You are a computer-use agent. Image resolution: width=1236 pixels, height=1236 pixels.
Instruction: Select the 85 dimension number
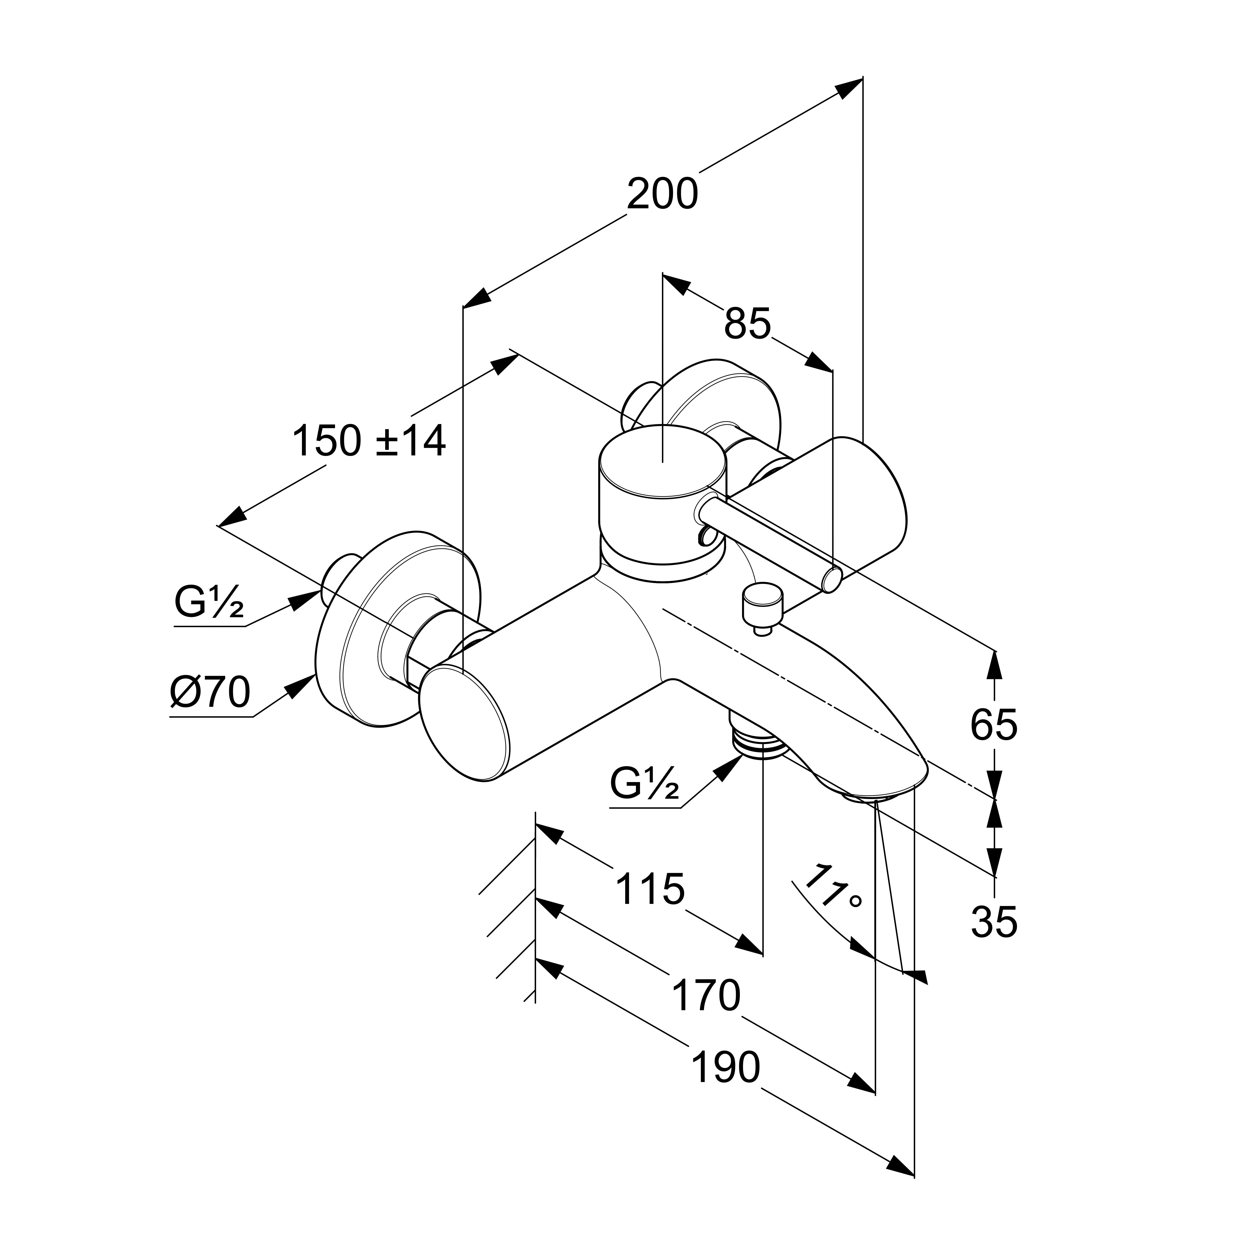click(x=747, y=324)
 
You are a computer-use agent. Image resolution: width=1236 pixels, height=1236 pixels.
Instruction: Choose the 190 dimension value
click(x=726, y=1068)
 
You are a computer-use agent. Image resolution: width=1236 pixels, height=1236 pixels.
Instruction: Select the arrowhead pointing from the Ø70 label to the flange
click(x=299, y=686)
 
